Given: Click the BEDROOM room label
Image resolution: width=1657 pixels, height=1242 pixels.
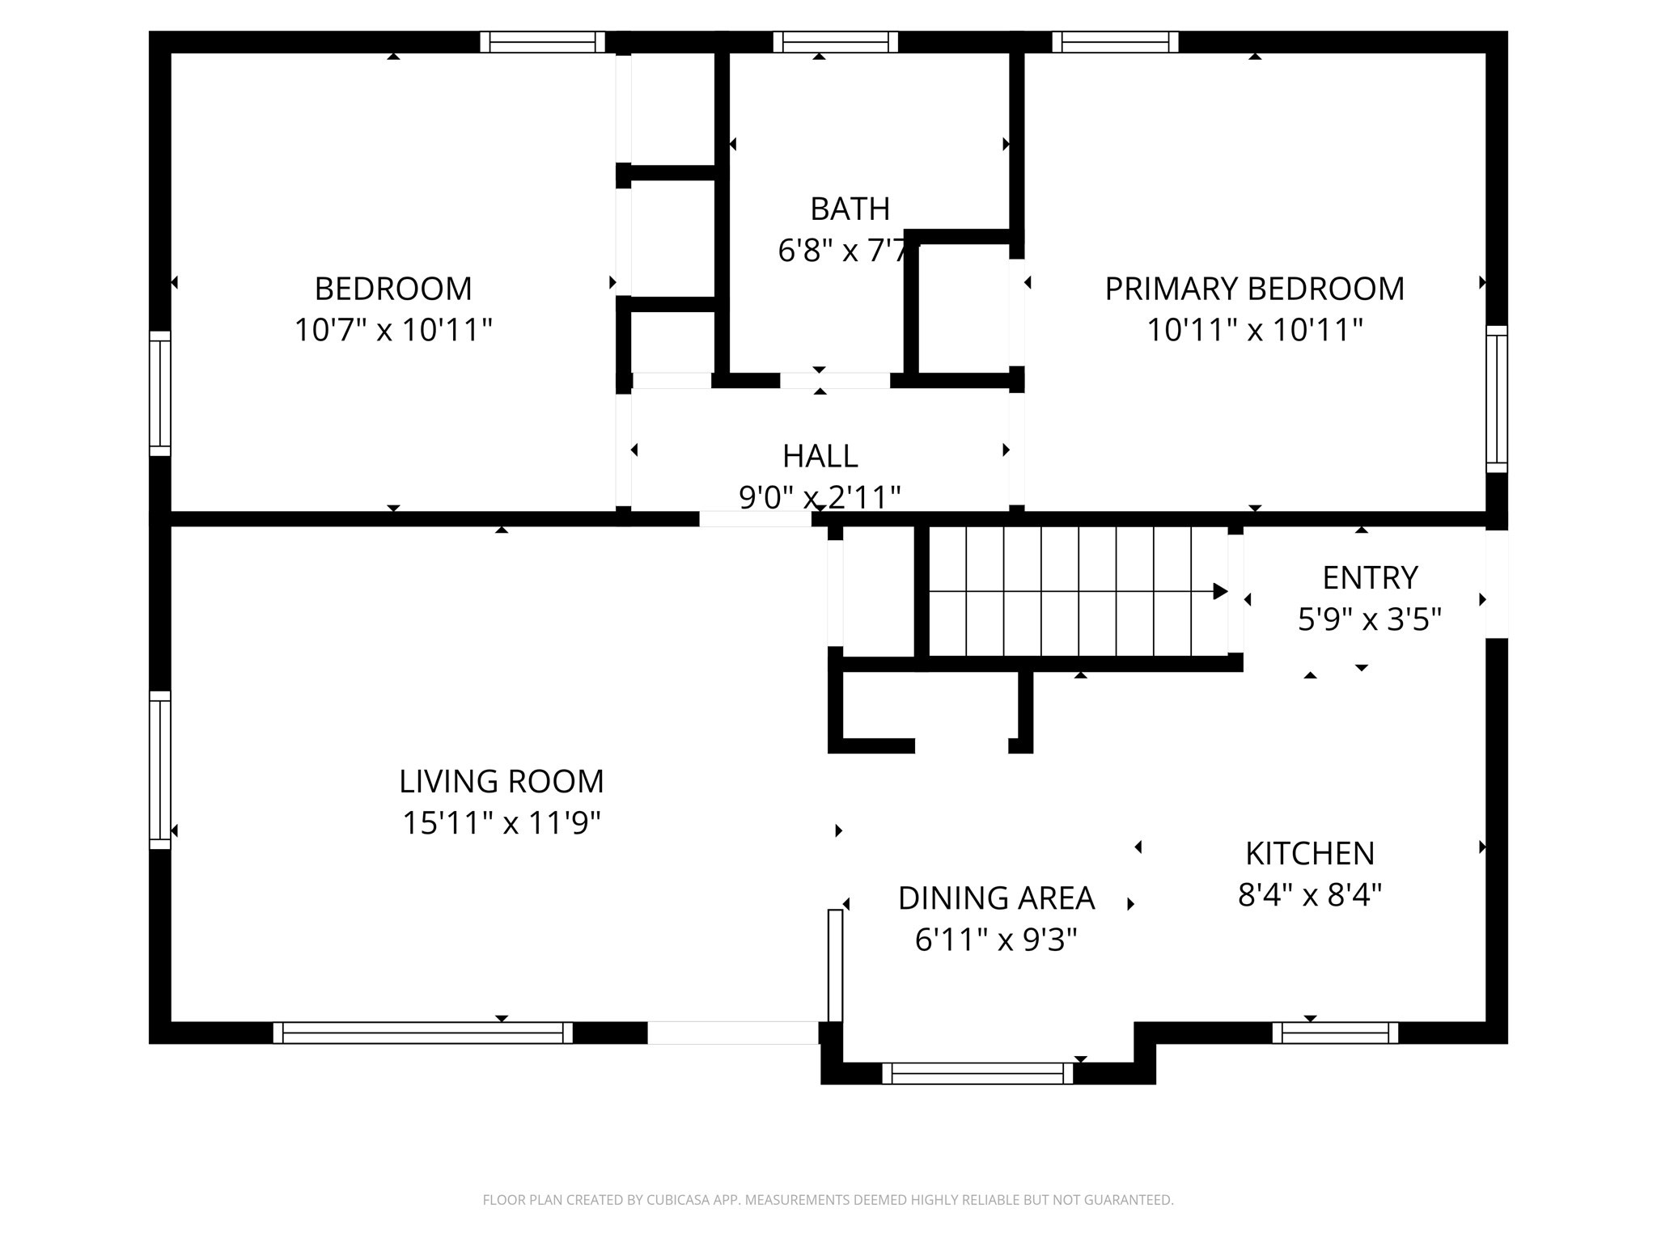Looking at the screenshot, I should tap(393, 289).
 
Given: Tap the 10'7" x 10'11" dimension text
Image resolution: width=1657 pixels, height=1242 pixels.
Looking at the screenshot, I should tap(393, 330).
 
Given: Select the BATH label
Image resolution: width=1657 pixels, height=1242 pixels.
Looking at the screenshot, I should tap(850, 209).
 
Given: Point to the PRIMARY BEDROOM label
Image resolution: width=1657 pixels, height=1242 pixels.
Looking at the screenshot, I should tap(1254, 289).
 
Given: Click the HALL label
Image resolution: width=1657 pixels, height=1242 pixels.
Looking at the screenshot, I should tap(820, 456).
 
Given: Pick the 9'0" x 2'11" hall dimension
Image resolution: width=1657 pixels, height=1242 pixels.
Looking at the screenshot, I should tap(820, 496).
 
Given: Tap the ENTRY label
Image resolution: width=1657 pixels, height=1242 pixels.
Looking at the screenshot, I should tap(1370, 578).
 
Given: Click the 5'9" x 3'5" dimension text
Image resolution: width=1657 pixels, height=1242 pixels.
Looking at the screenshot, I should tap(1370, 620).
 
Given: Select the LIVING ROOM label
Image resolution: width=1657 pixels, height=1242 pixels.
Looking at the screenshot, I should tap(502, 781).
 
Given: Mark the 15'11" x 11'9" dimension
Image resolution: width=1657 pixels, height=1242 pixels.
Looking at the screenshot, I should tap(502, 823).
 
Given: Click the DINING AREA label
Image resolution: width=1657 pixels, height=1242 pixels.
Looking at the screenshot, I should tap(996, 898).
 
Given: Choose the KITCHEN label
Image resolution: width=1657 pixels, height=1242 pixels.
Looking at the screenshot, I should tap(1309, 853).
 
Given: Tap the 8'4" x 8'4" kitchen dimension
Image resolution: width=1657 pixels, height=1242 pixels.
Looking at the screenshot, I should tap(1309, 895).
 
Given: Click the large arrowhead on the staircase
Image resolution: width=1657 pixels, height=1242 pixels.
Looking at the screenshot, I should tap(1220, 592).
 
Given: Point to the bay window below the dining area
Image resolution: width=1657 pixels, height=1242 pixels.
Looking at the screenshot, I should tap(977, 1073).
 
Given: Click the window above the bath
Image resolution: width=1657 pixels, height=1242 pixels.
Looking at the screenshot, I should tap(835, 42).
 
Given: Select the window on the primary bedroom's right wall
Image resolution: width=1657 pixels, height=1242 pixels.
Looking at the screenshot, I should tap(1497, 399).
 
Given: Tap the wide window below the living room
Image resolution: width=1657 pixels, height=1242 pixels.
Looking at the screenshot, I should tap(422, 1033).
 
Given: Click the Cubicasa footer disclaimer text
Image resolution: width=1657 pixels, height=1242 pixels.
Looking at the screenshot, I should tap(828, 1200).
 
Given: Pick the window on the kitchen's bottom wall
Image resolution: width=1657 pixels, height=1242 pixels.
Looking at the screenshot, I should tap(1335, 1033).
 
